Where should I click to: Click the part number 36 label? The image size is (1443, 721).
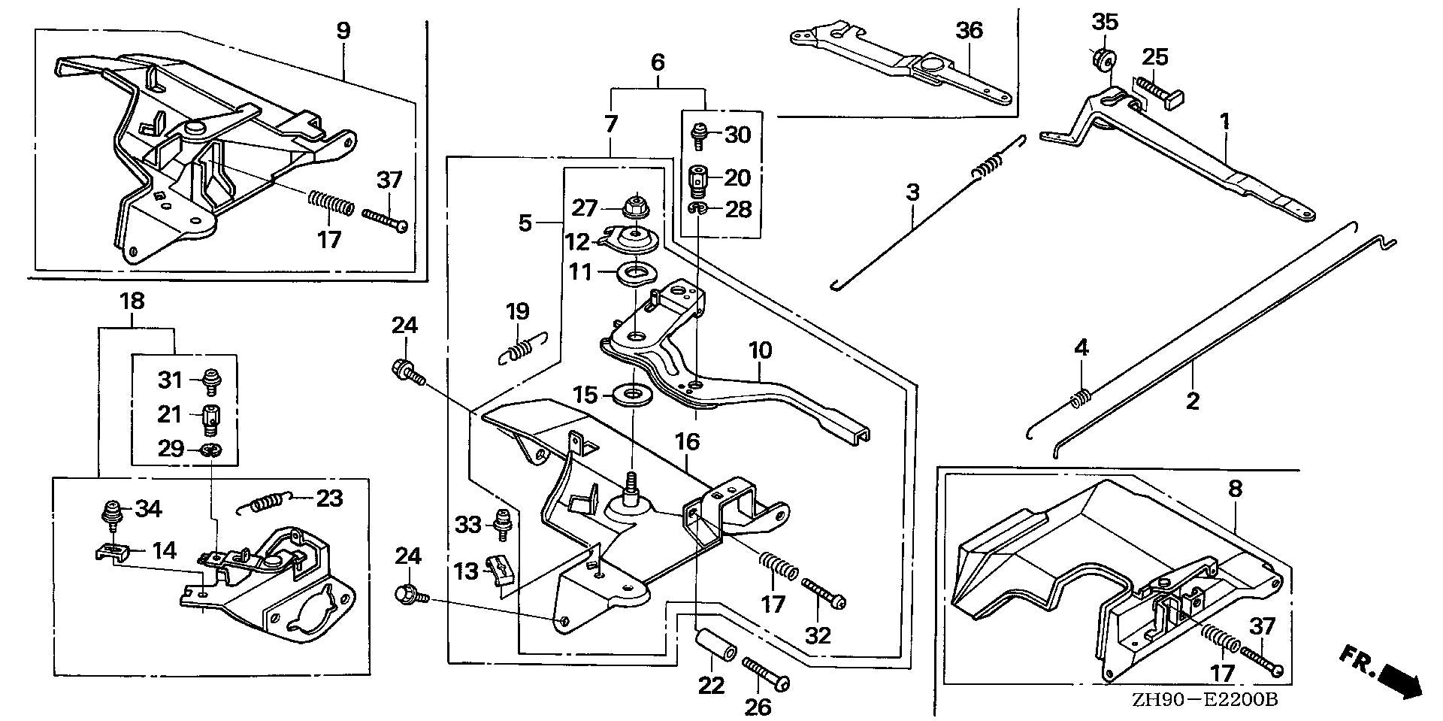tap(970, 31)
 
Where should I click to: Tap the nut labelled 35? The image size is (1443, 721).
tap(1103, 59)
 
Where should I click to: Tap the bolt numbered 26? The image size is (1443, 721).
tap(767, 672)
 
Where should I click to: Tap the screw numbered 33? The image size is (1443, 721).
tap(501, 523)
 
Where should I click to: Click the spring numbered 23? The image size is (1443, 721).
tap(262, 503)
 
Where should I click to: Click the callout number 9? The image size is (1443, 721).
tap(343, 31)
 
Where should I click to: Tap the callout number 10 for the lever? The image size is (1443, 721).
tap(760, 350)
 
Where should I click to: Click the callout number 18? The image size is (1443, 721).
tap(133, 301)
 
